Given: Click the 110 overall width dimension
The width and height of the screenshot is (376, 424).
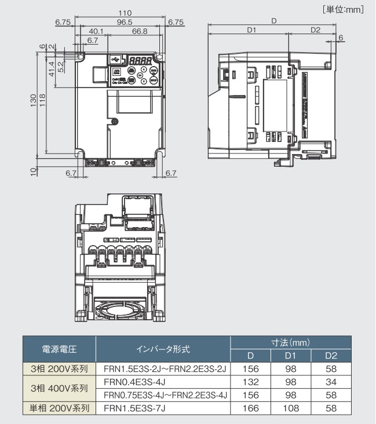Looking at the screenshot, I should (120, 13).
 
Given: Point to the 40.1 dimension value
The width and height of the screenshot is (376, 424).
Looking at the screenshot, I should (96, 31).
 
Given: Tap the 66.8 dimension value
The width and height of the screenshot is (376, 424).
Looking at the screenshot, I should (139, 31).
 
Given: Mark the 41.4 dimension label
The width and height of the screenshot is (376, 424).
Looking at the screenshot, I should (52, 69).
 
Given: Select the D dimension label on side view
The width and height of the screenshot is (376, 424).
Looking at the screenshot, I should (273, 21).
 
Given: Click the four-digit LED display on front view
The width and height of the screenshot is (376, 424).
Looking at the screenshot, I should (140, 60).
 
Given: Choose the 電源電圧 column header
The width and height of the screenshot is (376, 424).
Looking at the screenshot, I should (59, 349).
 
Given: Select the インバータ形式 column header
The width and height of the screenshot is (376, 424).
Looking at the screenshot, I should (163, 349).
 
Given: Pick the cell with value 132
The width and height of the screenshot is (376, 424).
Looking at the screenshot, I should (250, 382).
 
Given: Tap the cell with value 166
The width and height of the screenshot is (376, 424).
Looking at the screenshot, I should (250, 408).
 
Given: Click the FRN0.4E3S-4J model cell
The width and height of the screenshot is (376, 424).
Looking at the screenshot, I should (134, 382).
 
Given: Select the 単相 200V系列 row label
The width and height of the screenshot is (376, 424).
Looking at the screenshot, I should (59, 408).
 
